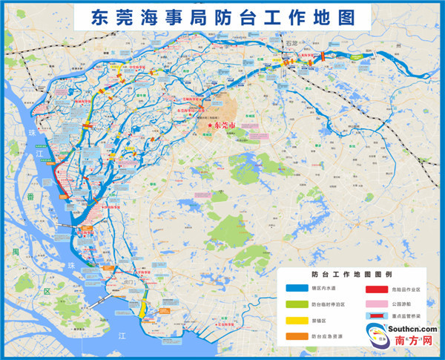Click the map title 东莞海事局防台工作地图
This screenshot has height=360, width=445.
point(222,17)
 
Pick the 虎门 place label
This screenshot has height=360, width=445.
point(106,283)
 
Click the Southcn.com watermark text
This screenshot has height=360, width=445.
point(412,330)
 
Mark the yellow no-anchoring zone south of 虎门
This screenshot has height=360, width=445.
point(144,307)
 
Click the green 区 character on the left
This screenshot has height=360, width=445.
point(46,291)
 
